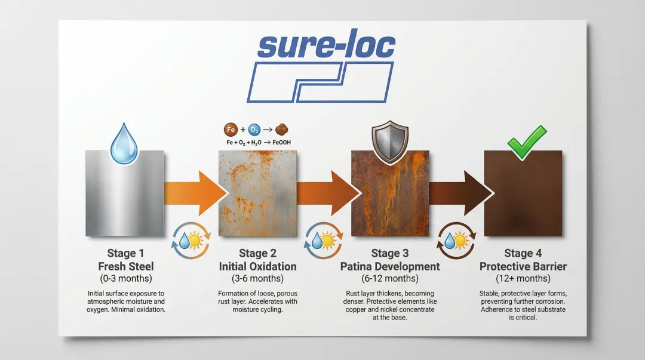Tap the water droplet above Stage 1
coord(124,143)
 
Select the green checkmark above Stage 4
coord(527,142)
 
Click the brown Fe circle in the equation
coord(231,130)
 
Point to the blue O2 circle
coord(254,130)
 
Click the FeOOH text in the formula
coord(282,142)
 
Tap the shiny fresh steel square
coord(125,193)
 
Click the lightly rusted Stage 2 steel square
coord(257,193)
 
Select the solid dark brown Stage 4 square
coord(523,193)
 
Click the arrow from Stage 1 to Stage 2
coord(196,193)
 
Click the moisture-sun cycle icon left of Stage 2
coord(191,241)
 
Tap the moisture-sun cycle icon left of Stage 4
coord(456,241)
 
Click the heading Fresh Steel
coord(126,267)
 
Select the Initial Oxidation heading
coord(257,267)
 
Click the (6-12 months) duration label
coord(390,279)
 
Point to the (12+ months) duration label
coord(523,279)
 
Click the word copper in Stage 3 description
coord(356,309)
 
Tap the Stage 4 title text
coord(523,253)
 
